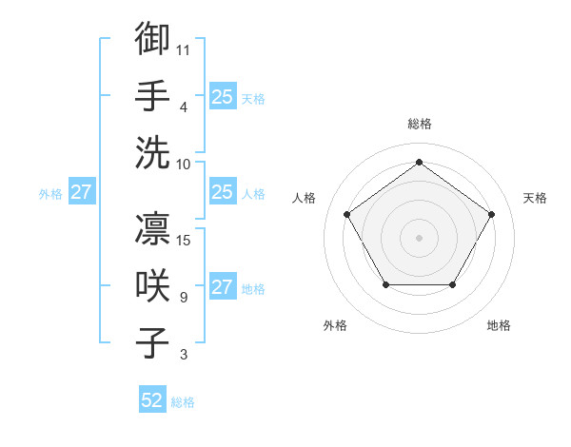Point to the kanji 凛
point(152,228)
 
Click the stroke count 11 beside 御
point(184,49)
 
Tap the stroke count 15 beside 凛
point(184,241)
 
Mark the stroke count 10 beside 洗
point(184,164)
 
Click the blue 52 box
point(152,401)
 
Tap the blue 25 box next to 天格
point(222,96)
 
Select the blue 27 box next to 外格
point(81,193)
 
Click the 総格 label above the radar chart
point(419,124)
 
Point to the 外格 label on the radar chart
point(335,325)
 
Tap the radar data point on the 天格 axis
point(491,214)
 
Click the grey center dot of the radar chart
point(419,237)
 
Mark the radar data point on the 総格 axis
point(419,163)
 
